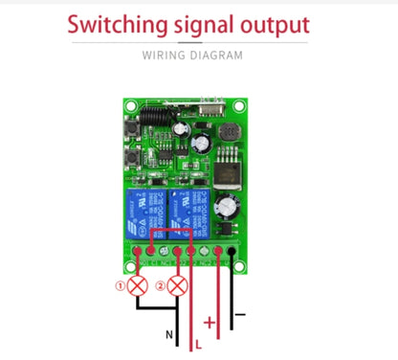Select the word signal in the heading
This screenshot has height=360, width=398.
click(x=203, y=23)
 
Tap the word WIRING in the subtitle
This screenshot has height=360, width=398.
click(x=166, y=56)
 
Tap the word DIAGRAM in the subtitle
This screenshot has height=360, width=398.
click(x=218, y=56)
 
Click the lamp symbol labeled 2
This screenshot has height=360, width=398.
click(x=175, y=284)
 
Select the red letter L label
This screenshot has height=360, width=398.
click(x=198, y=342)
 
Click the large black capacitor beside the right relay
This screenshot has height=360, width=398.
click(x=226, y=208)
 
